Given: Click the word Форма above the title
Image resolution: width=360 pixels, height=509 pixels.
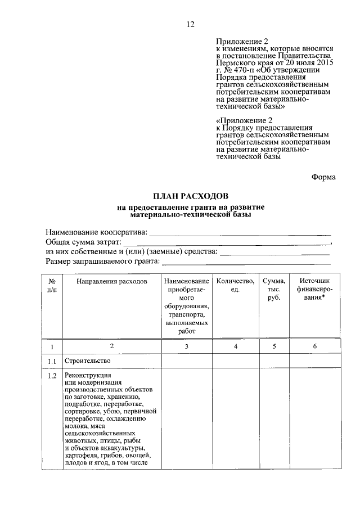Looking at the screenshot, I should tap(323, 177).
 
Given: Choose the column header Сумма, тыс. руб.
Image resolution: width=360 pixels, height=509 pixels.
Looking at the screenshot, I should tap(274, 289).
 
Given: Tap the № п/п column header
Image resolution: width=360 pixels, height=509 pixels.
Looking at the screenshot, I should tap(52, 285).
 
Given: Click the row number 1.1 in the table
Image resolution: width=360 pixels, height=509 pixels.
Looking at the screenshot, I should tap(52, 360).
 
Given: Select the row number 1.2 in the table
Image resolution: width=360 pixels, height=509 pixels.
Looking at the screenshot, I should tap(52, 375).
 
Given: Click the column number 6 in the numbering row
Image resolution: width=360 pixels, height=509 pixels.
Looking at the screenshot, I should tap(314, 346).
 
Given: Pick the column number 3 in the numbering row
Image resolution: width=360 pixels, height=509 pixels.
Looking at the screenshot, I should tap(186, 346).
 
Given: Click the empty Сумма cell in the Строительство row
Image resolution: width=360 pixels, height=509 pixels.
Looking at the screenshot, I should tap(274, 360).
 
